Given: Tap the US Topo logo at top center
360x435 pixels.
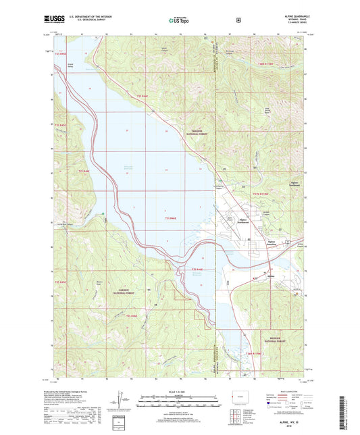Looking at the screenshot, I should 179,20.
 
